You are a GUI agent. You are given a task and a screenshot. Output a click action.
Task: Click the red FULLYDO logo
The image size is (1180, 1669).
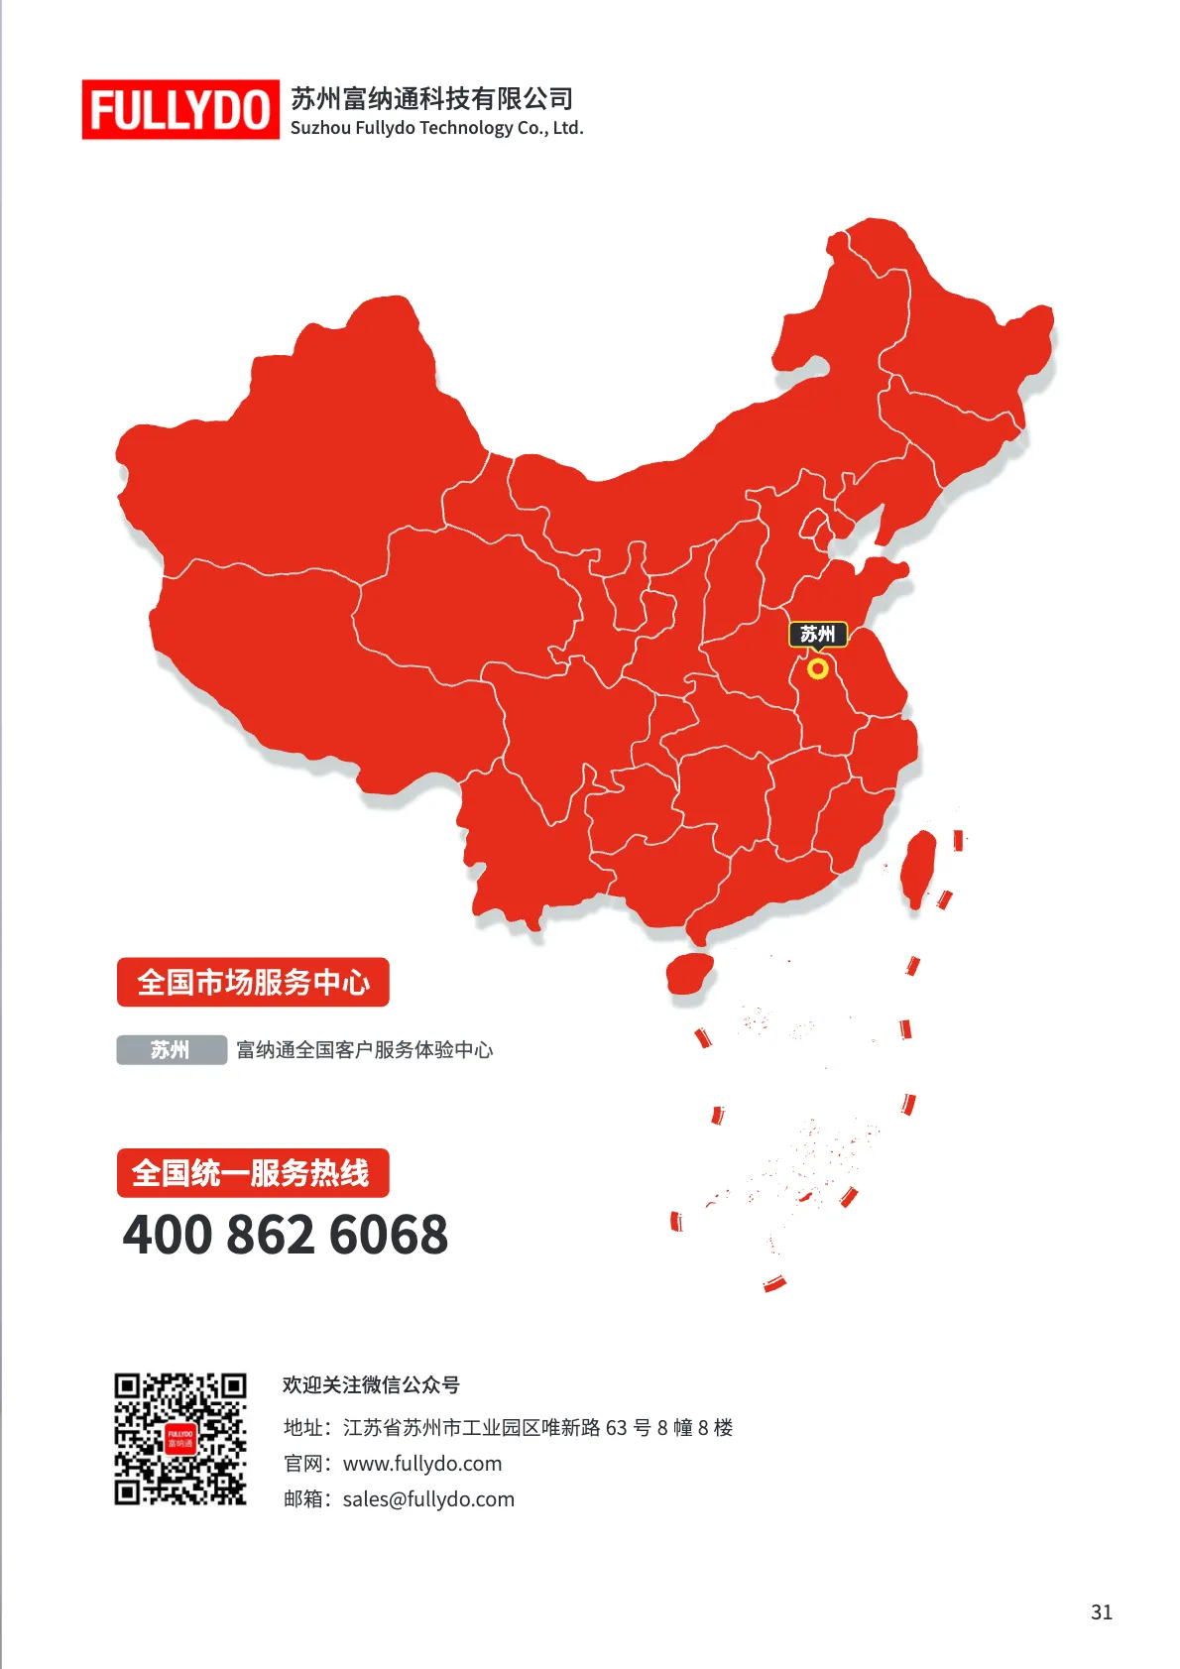[180, 109]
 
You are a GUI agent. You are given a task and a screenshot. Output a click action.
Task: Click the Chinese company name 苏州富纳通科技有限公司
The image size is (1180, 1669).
[431, 98]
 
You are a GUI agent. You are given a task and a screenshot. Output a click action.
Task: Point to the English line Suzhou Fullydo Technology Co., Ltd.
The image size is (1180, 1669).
[436, 128]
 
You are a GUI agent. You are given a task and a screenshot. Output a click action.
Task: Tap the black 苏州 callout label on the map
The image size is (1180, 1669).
[818, 634]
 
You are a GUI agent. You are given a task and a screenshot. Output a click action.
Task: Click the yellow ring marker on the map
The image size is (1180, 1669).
[817, 668]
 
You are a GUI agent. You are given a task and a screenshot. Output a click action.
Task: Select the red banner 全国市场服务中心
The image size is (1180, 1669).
[253, 982]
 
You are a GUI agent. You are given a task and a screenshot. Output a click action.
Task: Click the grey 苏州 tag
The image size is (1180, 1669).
[171, 1049]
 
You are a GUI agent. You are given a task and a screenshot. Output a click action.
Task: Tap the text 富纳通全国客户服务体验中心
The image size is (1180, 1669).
[364, 1049]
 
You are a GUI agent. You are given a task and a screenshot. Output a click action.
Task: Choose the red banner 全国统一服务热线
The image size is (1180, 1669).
[253, 1173]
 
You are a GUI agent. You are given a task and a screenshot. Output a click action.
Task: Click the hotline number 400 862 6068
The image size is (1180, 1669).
[286, 1235]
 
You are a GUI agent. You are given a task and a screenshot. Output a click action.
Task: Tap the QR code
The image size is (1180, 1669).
[179, 1439]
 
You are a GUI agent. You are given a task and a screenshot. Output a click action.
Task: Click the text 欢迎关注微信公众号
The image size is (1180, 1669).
[371, 1384]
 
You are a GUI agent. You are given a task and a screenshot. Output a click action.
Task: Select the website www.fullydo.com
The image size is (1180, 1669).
[422, 1464]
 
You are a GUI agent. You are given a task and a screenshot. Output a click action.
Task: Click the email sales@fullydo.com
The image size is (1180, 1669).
[428, 1499]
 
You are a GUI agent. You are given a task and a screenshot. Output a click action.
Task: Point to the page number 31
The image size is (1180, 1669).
[1101, 1612]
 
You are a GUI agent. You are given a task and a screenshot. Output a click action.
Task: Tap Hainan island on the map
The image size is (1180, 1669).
[689, 974]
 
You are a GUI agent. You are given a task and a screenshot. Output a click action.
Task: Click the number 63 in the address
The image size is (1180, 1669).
[616, 1428]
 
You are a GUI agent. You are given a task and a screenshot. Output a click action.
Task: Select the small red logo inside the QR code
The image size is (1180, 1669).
[179, 1439]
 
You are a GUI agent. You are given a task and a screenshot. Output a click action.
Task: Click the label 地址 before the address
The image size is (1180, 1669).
[303, 1428]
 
